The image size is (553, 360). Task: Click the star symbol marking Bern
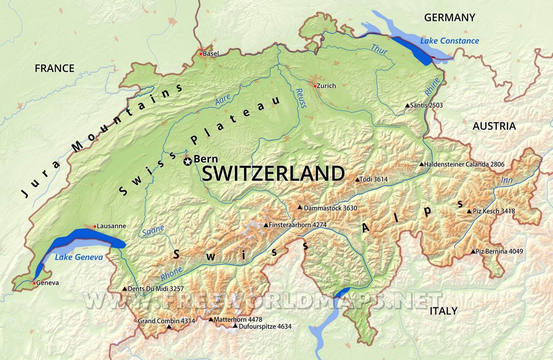click(188, 161)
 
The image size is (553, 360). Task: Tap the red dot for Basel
click(201, 54)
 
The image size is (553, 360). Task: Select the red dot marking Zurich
click(314, 86)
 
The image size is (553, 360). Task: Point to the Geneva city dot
click(34, 283)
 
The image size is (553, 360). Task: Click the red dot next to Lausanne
click(95, 226)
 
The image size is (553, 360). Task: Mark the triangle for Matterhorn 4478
click(211, 319)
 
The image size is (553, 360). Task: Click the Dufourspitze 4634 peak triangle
click(235, 326)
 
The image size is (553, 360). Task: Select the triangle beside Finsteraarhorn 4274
click(265, 225)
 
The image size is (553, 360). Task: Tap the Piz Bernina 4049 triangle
click(473, 252)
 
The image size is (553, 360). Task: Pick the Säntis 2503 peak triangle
click(407, 105)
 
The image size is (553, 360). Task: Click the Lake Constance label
click(449, 41)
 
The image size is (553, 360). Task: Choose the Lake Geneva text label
click(79, 257)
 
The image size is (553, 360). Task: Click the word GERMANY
click(449, 17)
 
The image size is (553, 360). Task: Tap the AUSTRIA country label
click(494, 126)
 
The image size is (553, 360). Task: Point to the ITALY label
click(443, 311)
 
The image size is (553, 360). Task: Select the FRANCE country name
click(54, 68)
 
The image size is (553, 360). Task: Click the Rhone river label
click(171, 273)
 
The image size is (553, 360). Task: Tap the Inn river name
click(507, 180)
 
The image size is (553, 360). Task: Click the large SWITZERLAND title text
click(273, 174)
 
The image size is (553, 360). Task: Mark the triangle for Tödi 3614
click(357, 179)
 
